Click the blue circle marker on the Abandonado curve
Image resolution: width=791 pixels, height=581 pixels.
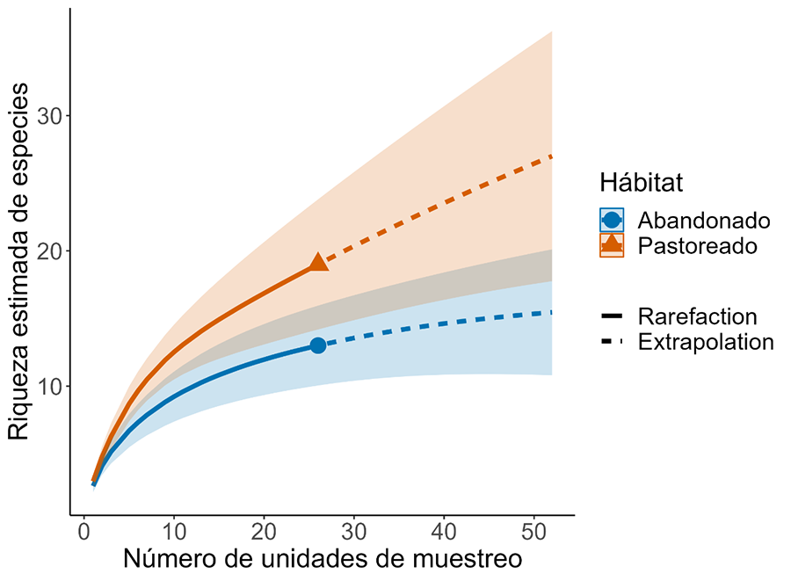(x=318, y=345)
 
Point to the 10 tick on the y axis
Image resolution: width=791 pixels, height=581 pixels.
(x=48, y=387)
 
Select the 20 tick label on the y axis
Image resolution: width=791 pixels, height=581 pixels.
(x=48, y=251)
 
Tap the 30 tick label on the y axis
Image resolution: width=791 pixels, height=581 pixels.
(x=48, y=116)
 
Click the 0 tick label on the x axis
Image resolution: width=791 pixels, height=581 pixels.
(x=83, y=534)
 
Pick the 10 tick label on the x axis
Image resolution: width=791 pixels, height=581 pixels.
(x=173, y=534)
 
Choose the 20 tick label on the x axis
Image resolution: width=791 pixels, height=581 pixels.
(x=264, y=534)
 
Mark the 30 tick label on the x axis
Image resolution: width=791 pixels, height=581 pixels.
(x=353, y=534)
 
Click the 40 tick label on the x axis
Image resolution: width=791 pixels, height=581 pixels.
(x=444, y=534)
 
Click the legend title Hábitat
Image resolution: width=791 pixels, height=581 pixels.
(x=642, y=183)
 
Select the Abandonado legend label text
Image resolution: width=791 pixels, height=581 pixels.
(x=704, y=220)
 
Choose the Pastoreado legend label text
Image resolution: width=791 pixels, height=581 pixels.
(x=698, y=245)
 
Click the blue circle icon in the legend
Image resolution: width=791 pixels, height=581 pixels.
(x=612, y=220)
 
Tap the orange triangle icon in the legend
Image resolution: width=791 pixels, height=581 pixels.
(x=612, y=245)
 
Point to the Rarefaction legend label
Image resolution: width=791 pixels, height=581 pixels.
(x=698, y=316)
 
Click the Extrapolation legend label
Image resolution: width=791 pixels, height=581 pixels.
(x=706, y=342)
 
